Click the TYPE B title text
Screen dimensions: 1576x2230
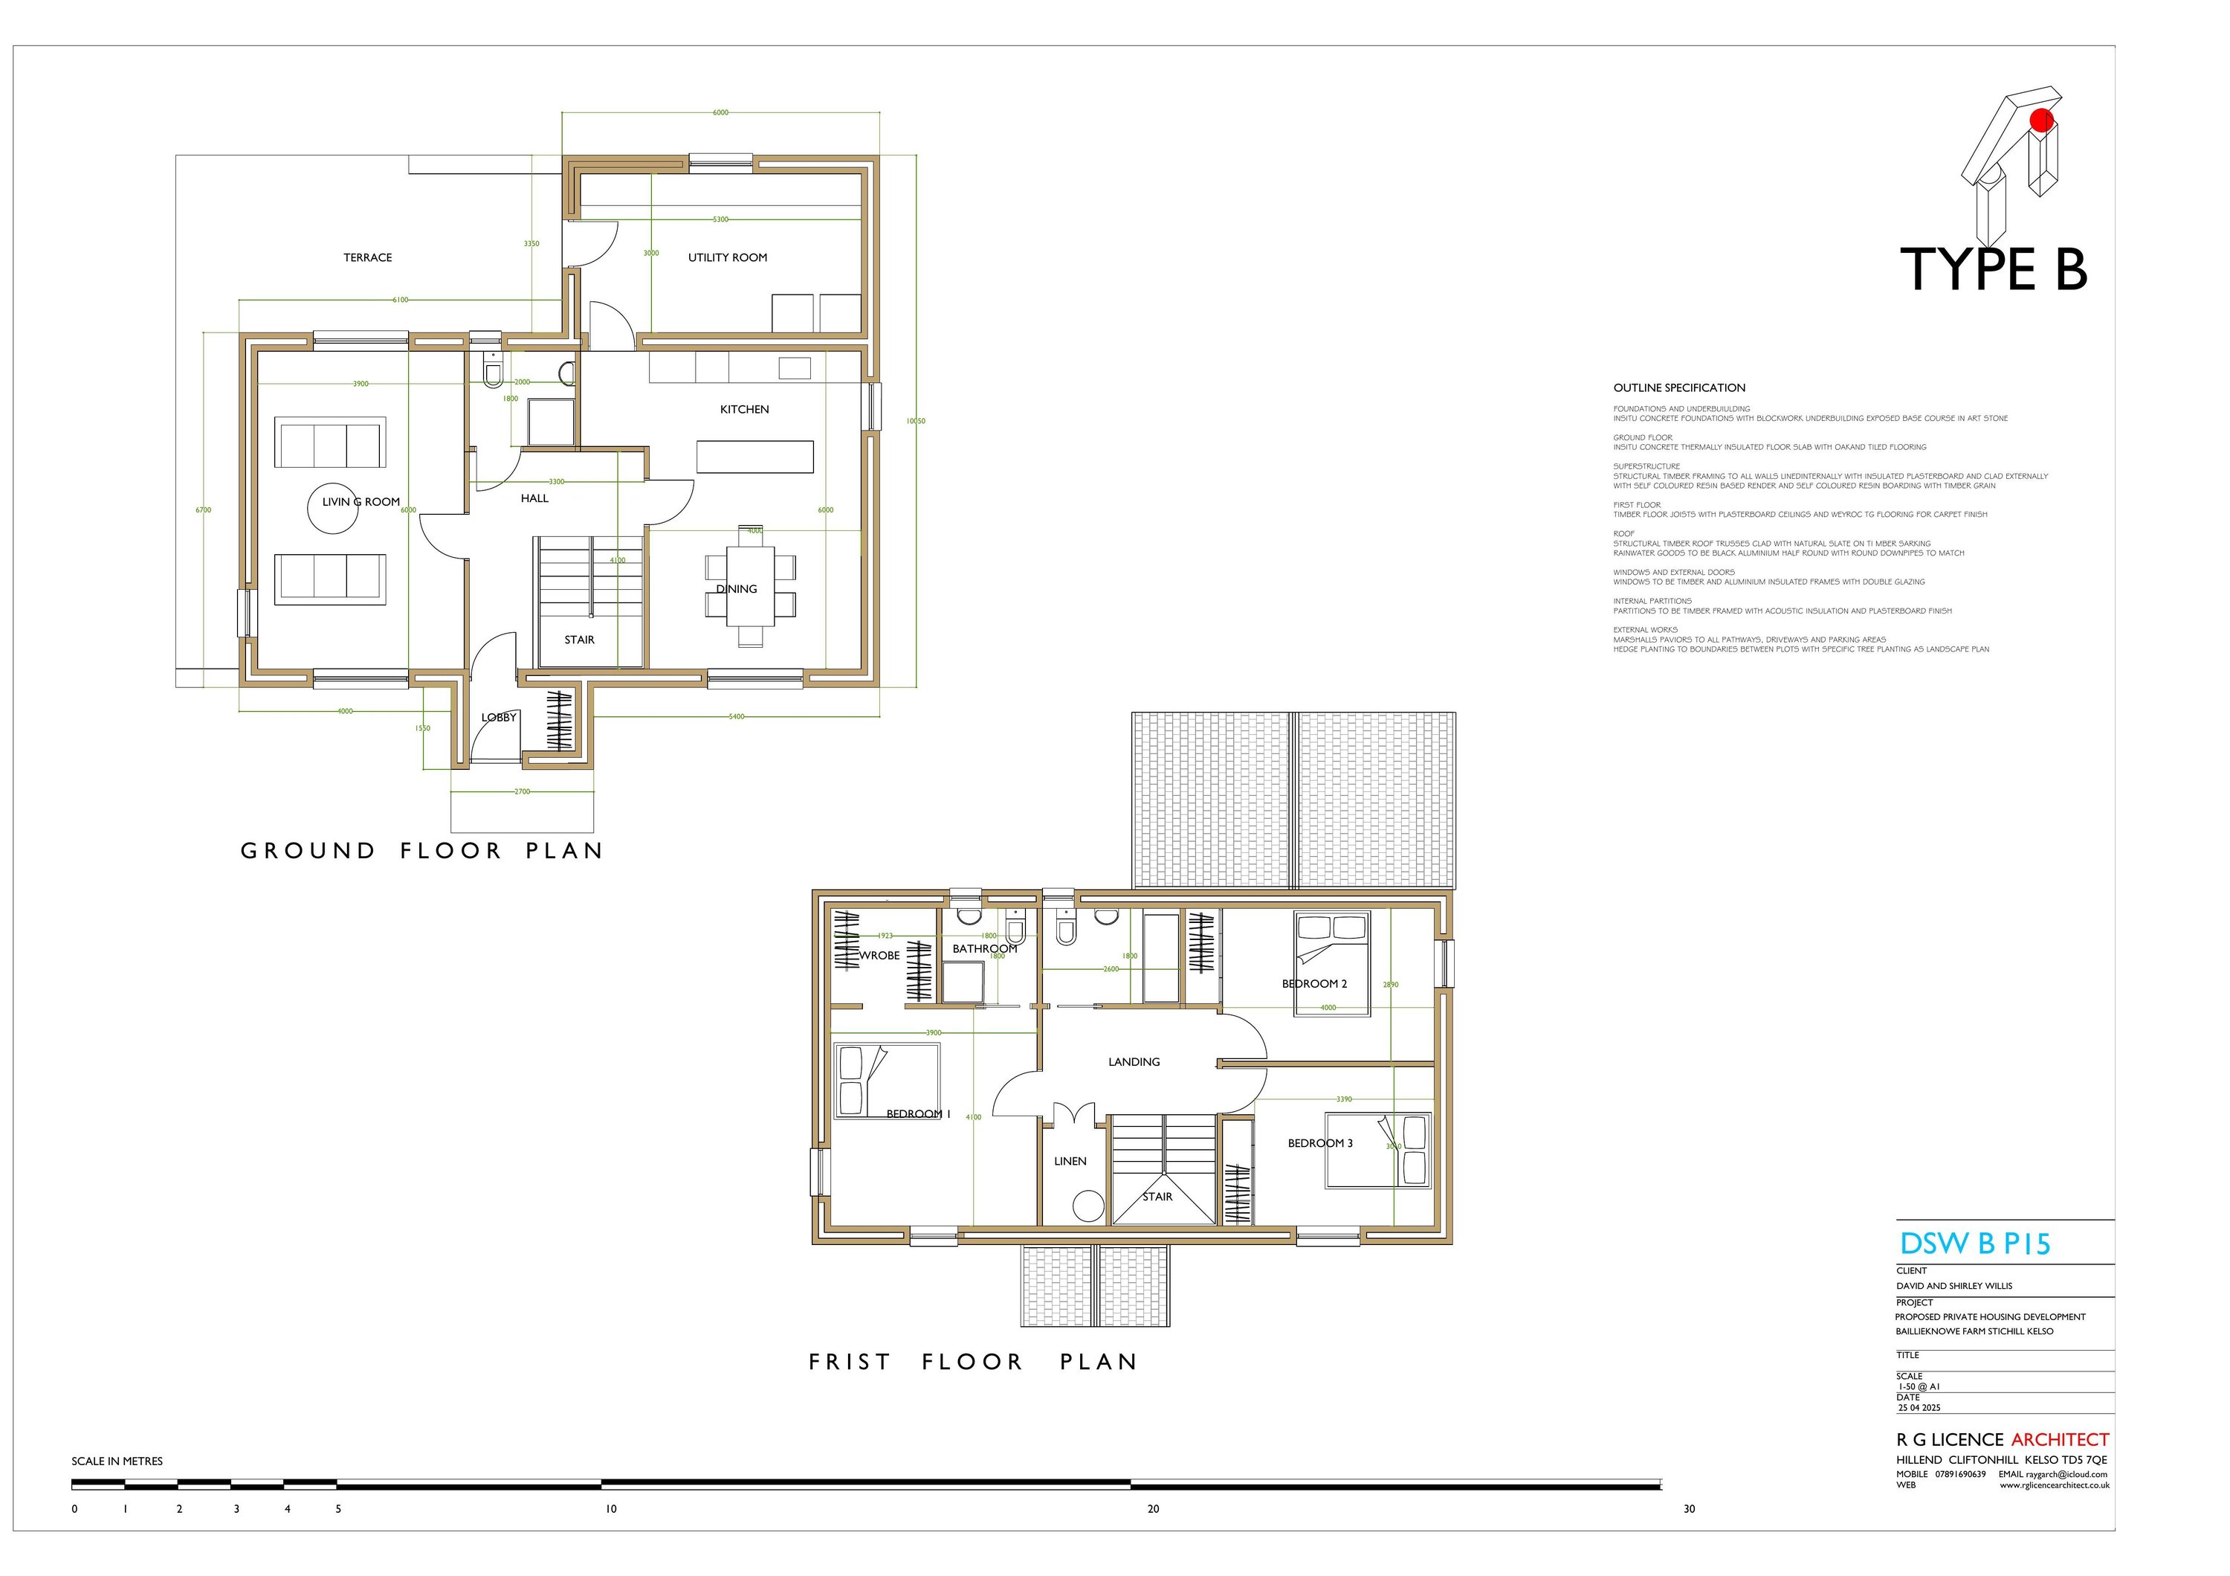1993,270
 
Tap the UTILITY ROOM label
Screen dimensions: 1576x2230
728,257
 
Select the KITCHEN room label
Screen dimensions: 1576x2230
744,409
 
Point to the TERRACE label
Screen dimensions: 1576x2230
367,257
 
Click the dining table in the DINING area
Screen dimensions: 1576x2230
750,586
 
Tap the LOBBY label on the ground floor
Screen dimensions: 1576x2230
498,717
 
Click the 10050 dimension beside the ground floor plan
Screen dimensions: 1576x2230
915,421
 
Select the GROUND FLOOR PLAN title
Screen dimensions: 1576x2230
421,851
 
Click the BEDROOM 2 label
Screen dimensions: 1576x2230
1314,983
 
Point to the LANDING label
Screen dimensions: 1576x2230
1134,1062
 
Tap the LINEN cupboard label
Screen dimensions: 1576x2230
1070,1161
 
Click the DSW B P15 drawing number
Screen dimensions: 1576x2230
1974,1244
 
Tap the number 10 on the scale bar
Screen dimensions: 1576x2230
611,1509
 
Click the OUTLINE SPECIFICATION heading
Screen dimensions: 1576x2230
1679,387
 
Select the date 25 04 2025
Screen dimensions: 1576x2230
1919,1407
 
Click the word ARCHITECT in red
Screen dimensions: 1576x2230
2059,1439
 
